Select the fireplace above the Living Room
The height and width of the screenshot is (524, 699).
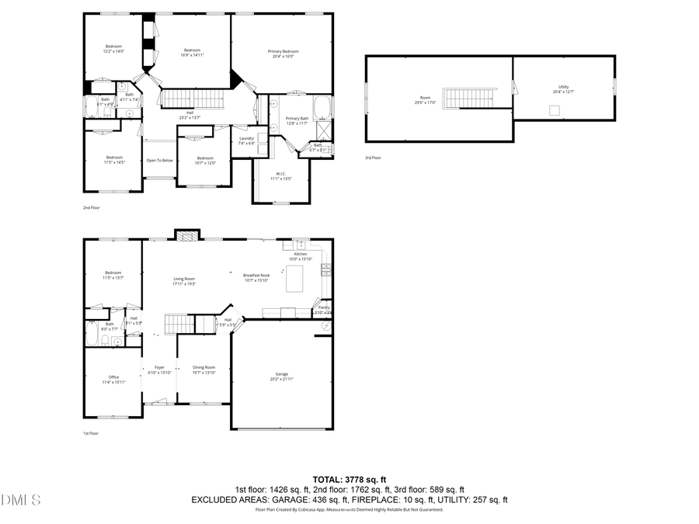(x=186, y=234)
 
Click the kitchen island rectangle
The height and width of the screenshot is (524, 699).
(x=295, y=278)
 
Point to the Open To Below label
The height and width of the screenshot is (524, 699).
(x=159, y=161)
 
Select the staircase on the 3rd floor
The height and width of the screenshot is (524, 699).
(x=467, y=99)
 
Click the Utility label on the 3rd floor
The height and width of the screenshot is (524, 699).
(x=563, y=86)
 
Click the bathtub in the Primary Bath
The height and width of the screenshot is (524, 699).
(x=323, y=106)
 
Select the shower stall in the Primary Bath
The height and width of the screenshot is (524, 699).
(x=324, y=128)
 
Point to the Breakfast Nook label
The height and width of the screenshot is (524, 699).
(x=256, y=276)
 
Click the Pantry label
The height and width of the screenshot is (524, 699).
(x=324, y=307)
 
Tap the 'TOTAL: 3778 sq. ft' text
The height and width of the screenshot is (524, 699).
(x=349, y=479)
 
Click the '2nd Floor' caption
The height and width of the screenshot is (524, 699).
(x=91, y=208)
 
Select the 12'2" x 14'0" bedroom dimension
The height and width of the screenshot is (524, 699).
(x=113, y=51)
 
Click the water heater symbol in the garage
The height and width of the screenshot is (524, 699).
(x=326, y=327)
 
